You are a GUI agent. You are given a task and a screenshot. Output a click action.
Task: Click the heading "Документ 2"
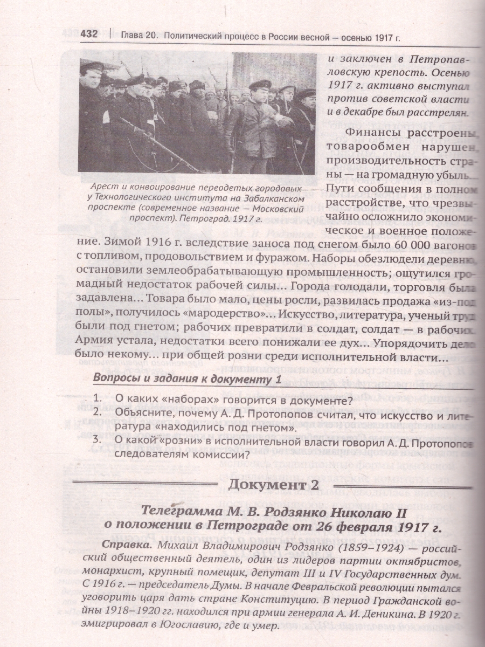tap(273, 485)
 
